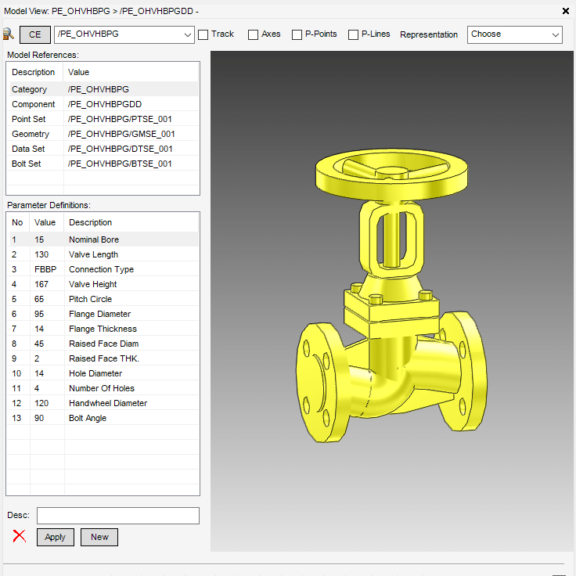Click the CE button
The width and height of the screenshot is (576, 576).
34,34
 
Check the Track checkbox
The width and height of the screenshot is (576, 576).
203,34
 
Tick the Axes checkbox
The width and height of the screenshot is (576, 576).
253,34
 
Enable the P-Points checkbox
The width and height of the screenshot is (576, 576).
297,34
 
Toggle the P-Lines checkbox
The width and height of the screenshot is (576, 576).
353,34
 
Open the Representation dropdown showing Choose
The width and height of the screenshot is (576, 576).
514,34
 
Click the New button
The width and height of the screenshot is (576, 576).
99,537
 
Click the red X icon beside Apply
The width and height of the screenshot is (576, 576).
20,537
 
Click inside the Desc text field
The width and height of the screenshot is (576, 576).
117,515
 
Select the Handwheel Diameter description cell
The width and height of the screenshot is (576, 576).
108,403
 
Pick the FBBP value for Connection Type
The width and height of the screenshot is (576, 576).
45,269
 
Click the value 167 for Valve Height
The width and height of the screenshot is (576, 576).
41,284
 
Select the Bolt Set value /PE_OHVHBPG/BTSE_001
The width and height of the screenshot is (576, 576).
120,164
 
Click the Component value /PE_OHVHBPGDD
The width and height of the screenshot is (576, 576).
105,104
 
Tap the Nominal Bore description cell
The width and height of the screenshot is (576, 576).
94,239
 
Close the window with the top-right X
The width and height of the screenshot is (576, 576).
566,11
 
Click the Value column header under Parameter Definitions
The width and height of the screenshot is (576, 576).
45,222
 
